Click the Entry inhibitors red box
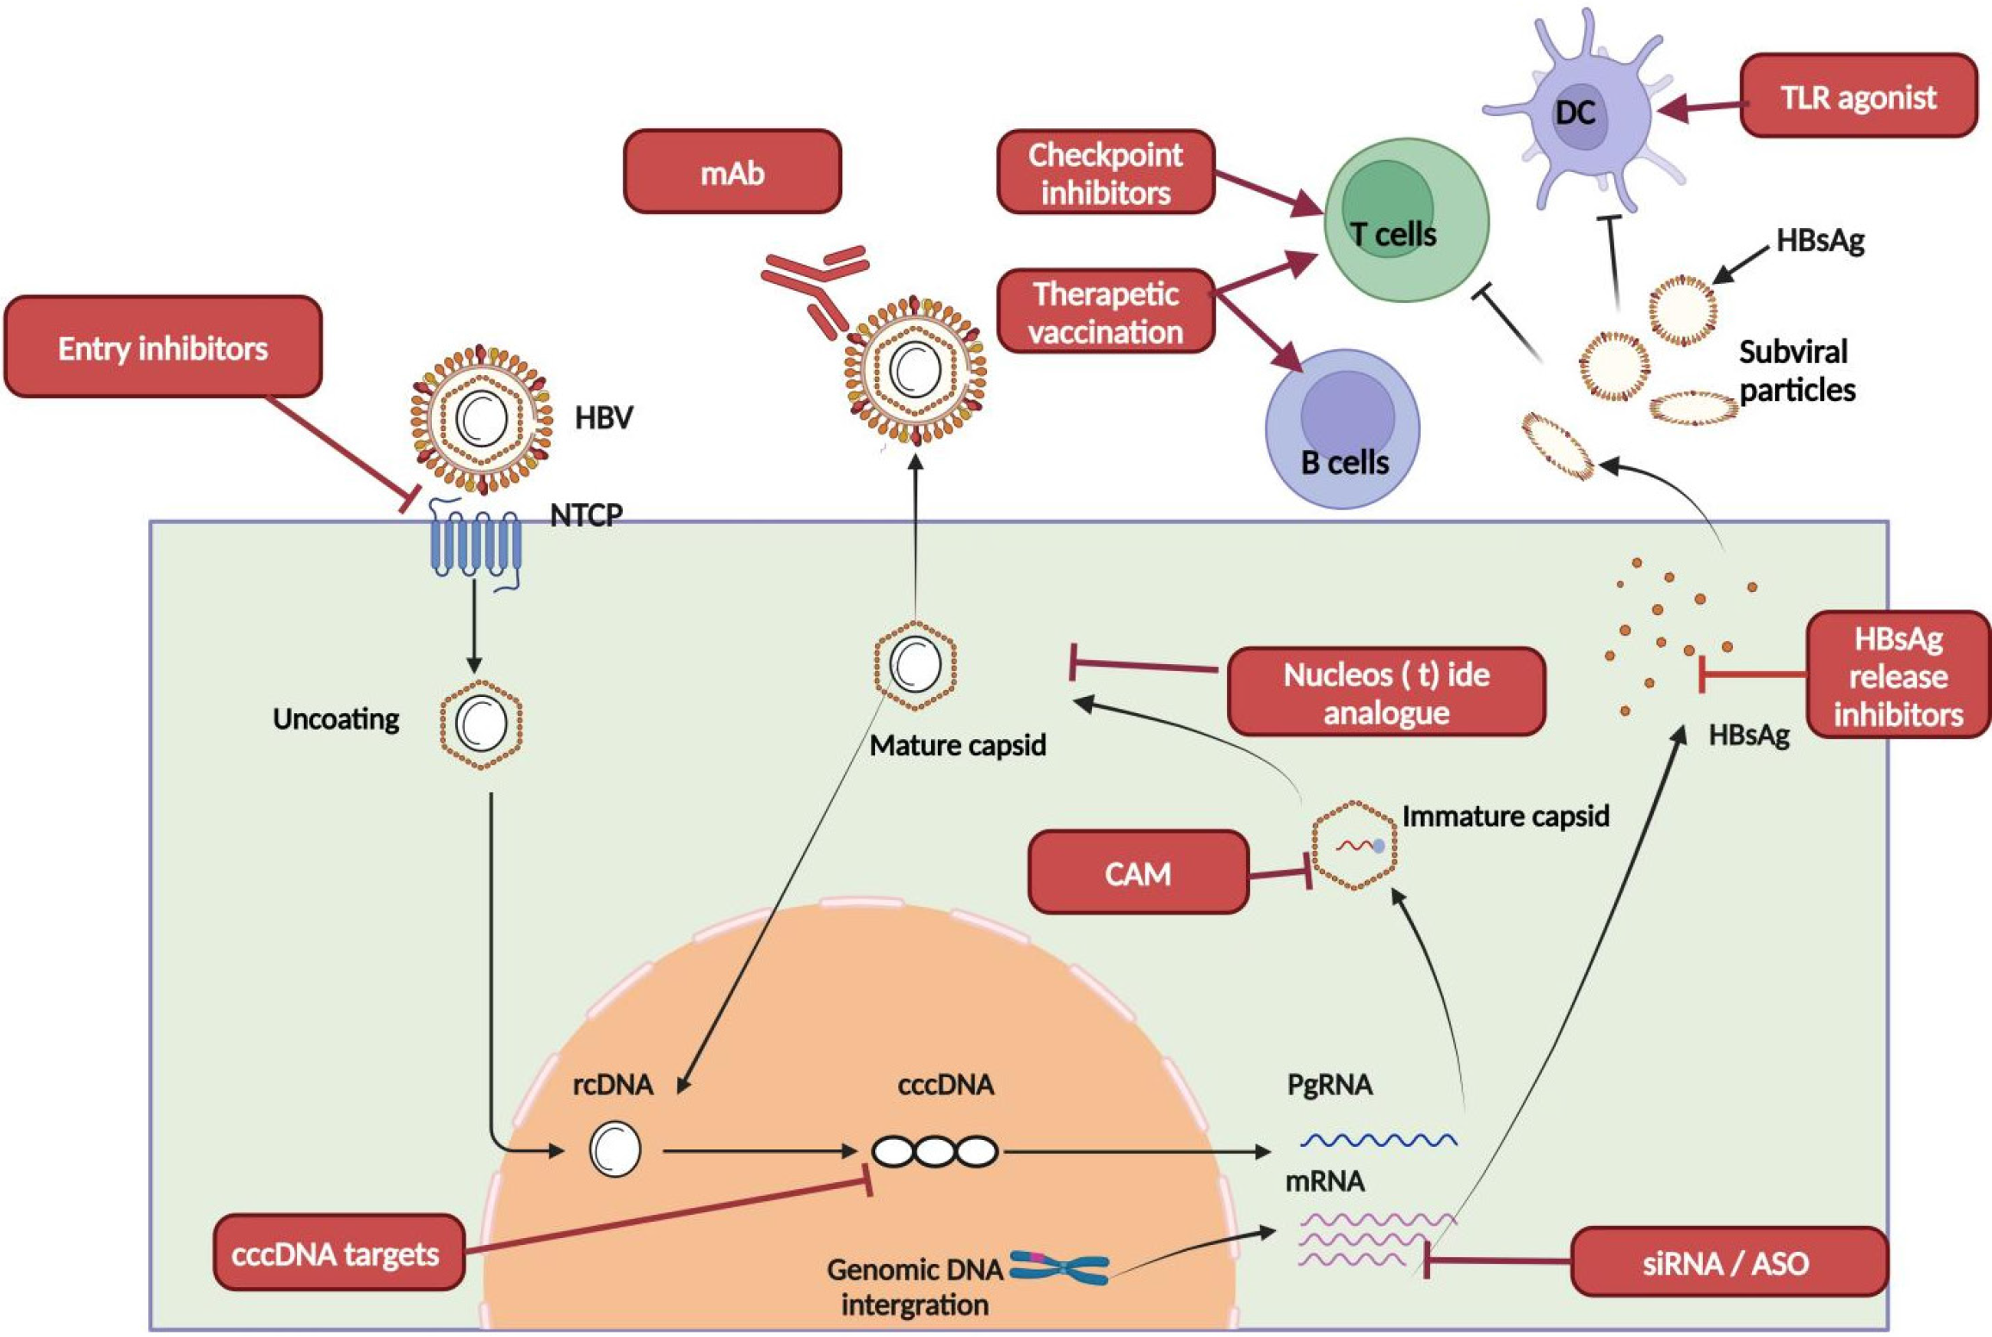pyautogui.click(x=163, y=347)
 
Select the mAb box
pyautogui.click(x=732, y=172)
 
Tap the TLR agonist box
pyautogui.click(x=1858, y=96)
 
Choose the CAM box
pyautogui.click(x=1138, y=873)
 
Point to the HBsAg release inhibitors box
pyautogui.click(x=1897, y=676)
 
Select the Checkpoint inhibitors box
pyautogui.click(x=1106, y=173)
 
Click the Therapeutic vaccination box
pyautogui.click(x=1106, y=312)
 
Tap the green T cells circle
pyautogui.click(x=1406, y=221)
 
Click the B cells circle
pyautogui.click(x=1342, y=429)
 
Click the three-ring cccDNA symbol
pyautogui.click(x=935, y=1151)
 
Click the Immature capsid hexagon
pyautogui.click(x=1354, y=844)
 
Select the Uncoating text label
pyautogui.click(x=336, y=719)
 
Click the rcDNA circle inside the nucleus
pyautogui.click(x=615, y=1149)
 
